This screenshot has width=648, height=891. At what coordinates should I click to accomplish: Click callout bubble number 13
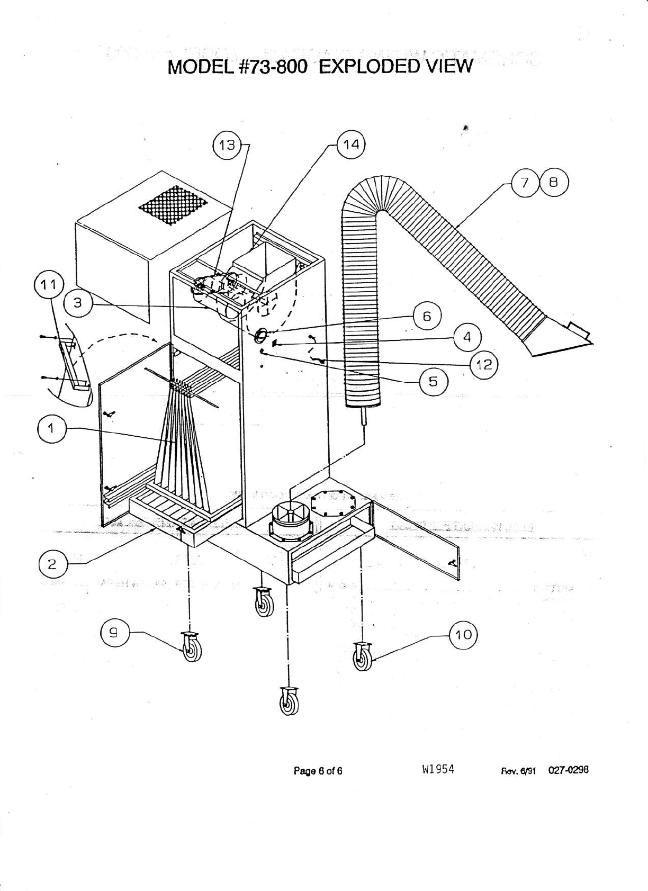(x=227, y=145)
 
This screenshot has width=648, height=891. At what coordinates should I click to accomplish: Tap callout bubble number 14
(x=352, y=145)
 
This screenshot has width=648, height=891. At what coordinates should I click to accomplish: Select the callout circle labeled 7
(x=525, y=183)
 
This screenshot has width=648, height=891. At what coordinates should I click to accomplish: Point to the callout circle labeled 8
(x=554, y=183)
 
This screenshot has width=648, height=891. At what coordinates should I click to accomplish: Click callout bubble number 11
(x=49, y=285)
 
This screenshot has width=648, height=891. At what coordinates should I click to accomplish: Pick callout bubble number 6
(x=427, y=316)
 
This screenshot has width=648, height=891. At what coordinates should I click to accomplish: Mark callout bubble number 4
(x=466, y=337)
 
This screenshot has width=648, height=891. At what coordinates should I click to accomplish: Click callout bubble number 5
(x=433, y=381)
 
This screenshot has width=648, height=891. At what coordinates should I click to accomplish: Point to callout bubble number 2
(x=52, y=564)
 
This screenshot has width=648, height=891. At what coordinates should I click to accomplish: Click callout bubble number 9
(x=115, y=632)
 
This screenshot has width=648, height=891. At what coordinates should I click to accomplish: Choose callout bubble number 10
(x=463, y=634)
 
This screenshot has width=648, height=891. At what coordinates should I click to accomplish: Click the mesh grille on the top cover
(x=173, y=205)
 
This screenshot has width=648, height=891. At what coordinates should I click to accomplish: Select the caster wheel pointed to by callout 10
(x=363, y=657)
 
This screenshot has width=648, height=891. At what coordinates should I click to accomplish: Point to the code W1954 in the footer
(x=438, y=770)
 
